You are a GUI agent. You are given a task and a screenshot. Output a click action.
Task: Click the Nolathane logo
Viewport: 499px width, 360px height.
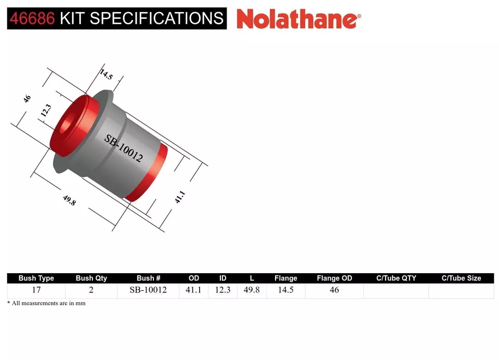[x=298, y=19]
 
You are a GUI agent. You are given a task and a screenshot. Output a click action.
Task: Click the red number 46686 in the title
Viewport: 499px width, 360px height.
[x=32, y=18]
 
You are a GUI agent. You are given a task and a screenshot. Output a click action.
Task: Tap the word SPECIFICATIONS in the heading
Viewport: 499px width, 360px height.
[x=156, y=18]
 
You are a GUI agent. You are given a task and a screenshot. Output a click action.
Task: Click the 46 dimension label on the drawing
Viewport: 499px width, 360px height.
[x=27, y=98]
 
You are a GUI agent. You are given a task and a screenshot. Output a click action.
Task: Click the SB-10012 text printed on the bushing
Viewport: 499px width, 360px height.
[x=124, y=148]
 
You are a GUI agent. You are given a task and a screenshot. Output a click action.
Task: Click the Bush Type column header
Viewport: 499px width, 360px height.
[x=36, y=278]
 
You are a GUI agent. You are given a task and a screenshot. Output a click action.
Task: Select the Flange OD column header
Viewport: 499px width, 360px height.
[x=334, y=278]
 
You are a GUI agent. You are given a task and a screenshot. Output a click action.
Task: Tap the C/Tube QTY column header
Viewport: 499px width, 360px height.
[x=396, y=278]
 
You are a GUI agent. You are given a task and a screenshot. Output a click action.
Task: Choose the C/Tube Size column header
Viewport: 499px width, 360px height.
[x=461, y=278]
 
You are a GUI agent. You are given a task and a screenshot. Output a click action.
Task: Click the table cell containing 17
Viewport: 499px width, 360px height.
[x=36, y=290]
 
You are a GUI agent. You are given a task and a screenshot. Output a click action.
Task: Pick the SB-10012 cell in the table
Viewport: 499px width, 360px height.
[x=149, y=290]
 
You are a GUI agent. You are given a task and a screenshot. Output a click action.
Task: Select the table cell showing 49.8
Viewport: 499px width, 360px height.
[x=252, y=290]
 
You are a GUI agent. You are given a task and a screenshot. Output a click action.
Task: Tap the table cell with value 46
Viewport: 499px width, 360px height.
[x=334, y=290]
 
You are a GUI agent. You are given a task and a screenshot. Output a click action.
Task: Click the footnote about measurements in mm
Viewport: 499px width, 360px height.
[x=46, y=303]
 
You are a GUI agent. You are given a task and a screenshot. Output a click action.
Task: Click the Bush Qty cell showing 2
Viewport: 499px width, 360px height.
[x=91, y=290]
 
